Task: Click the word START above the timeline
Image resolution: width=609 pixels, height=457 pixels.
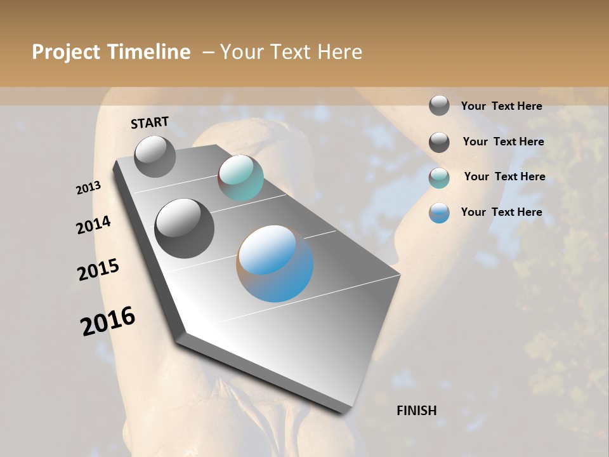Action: coord(150,123)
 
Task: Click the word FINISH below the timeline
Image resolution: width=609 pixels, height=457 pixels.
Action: coord(417,411)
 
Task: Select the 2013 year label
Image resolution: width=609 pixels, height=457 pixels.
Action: coord(88,188)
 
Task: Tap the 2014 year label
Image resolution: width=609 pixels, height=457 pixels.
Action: coord(94,225)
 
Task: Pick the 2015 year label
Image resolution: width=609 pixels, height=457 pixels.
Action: coord(98,270)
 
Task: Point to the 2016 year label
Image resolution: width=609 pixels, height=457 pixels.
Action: coord(108,321)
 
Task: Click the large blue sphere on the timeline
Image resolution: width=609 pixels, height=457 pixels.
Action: coord(275,263)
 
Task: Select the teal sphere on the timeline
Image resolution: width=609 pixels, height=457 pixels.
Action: coord(240,178)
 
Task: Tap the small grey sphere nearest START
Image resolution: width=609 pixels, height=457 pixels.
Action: coord(155,156)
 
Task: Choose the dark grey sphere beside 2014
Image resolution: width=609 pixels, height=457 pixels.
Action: coord(185,228)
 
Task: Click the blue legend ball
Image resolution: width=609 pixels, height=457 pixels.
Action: coord(439,213)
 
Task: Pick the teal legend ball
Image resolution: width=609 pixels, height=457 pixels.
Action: coord(439,178)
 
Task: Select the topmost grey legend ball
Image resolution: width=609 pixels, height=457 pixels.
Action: coord(439,105)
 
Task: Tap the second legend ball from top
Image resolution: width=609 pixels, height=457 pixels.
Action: coord(439,142)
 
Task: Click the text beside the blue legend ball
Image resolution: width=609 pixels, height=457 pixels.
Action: coord(501,212)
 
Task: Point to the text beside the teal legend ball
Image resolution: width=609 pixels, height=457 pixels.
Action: coord(504,176)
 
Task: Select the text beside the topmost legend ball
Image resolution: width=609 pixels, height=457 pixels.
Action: coord(501,106)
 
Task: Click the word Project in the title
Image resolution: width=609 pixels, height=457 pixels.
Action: coord(66,52)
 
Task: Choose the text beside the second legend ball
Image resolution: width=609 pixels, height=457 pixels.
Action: coord(503,142)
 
